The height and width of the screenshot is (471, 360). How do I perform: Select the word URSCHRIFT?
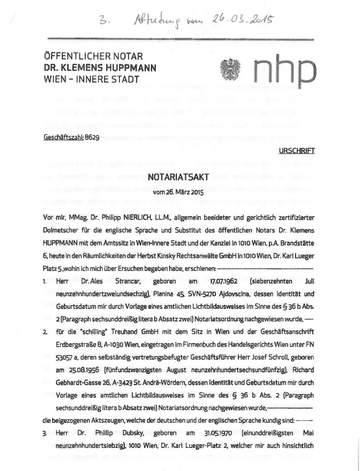296,151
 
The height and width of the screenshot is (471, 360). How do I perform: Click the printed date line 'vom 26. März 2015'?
178,193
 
